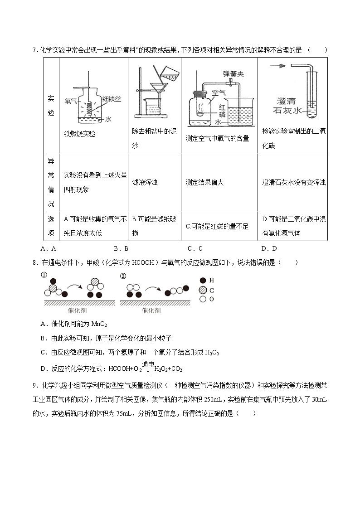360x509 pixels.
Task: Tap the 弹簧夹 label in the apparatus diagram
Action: tap(234, 73)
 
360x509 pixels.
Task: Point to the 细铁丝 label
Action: tap(112, 98)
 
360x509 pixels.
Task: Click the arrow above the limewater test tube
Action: tap(277, 66)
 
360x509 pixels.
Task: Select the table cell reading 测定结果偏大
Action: tap(204, 182)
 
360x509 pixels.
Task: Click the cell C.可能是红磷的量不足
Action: tap(217, 226)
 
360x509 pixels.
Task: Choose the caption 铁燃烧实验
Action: tap(80, 134)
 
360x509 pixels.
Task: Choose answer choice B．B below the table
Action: tap(121, 248)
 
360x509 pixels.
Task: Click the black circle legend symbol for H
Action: tap(202, 281)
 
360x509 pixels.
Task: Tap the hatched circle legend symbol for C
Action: tap(202, 290)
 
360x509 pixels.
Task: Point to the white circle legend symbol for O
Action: tap(202, 299)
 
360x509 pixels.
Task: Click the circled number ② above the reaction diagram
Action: tap(123, 275)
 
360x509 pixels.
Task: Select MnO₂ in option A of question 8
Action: tap(99, 324)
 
